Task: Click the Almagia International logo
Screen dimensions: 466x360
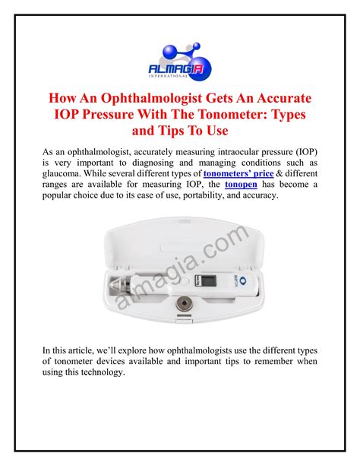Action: pyautogui.click(x=180, y=55)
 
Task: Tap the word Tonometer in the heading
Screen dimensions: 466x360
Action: pyautogui.click(x=232, y=116)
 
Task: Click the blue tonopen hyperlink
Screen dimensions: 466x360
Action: pyautogui.click(x=239, y=185)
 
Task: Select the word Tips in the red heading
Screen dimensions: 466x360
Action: pyautogui.click(x=194, y=132)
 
